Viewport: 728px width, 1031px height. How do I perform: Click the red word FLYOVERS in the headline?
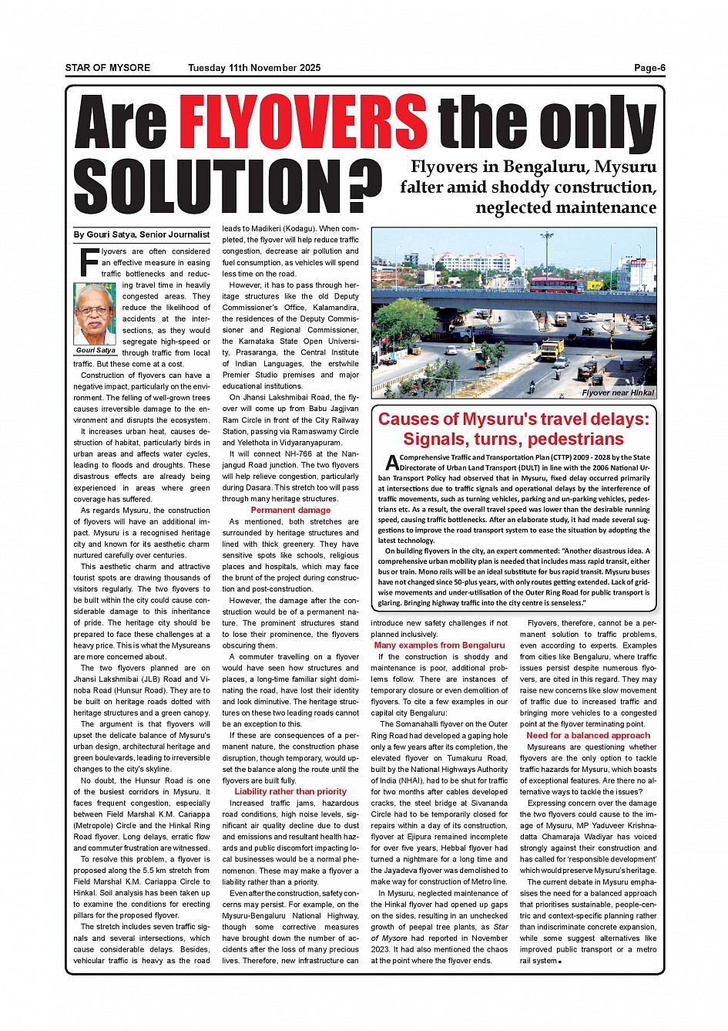303,122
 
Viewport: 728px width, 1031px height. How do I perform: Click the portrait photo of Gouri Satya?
94,314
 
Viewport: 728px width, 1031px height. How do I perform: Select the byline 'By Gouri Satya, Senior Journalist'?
142,234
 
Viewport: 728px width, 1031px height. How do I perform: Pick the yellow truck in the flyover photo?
552,349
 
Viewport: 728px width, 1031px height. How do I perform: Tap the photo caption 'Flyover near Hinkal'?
617,393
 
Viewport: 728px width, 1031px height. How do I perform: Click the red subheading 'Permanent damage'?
290,510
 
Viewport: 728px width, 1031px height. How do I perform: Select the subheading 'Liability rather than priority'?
290,791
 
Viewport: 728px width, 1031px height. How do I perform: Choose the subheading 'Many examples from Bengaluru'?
439,645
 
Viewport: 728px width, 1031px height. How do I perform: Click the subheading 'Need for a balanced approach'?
588,736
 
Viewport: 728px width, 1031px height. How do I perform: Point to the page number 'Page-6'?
649,68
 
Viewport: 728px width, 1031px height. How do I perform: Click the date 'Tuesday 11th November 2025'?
254,68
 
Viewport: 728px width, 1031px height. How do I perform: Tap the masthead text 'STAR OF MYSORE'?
108,68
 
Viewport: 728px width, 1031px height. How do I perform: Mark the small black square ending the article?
560,962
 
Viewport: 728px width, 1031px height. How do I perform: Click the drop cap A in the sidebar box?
391,463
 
